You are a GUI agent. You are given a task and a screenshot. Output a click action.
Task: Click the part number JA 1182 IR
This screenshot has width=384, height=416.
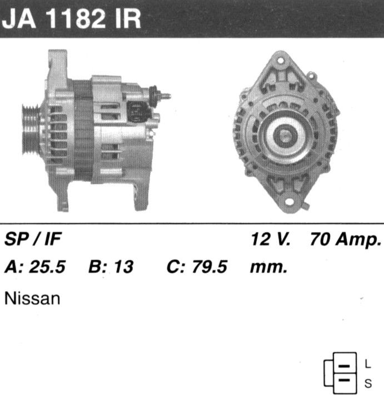[x=71, y=18]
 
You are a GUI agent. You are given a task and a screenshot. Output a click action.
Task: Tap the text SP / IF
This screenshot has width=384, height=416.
[x=33, y=239]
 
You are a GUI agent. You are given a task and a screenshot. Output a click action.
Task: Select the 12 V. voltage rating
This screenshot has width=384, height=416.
[x=271, y=239]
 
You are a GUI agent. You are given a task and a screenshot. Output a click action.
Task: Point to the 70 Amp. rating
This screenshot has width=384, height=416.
[x=346, y=239]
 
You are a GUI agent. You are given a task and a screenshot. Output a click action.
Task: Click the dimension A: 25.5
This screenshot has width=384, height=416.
[x=35, y=267]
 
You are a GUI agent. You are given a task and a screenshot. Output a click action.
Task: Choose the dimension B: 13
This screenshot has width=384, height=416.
[x=111, y=267]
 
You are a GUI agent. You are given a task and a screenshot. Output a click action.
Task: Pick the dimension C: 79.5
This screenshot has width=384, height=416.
[x=197, y=267]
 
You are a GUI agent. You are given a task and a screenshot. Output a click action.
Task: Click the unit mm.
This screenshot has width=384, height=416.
[x=268, y=268]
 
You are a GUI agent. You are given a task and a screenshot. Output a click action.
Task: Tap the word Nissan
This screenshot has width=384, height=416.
[x=32, y=298]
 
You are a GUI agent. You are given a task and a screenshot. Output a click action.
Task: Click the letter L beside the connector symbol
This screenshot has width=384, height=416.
[x=367, y=364]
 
